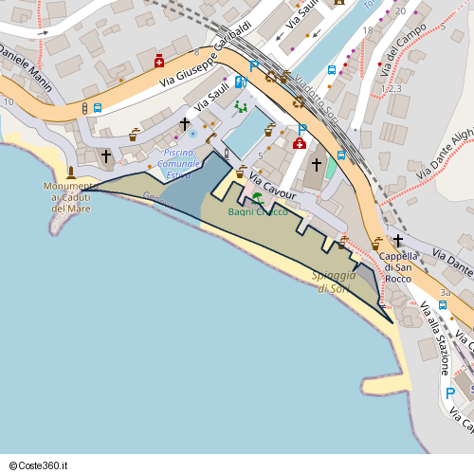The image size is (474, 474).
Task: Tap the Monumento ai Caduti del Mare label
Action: (71, 196)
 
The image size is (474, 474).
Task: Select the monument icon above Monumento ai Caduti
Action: (71, 173)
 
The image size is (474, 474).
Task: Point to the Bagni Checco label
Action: (258, 212)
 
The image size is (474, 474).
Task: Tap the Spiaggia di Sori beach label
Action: (335, 282)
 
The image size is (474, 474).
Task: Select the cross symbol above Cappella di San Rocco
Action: (398, 241)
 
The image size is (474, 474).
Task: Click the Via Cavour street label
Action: (273, 187)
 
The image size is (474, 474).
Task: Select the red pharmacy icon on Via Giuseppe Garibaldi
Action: (158, 61)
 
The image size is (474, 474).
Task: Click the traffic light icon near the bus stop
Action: (85, 108)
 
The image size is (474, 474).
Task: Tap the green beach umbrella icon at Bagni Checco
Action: (258, 198)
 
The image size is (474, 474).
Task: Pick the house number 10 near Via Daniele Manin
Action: (8, 101)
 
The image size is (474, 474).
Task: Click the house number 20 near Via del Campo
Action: (400, 11)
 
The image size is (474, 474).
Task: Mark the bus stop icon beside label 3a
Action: (443, 305)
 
